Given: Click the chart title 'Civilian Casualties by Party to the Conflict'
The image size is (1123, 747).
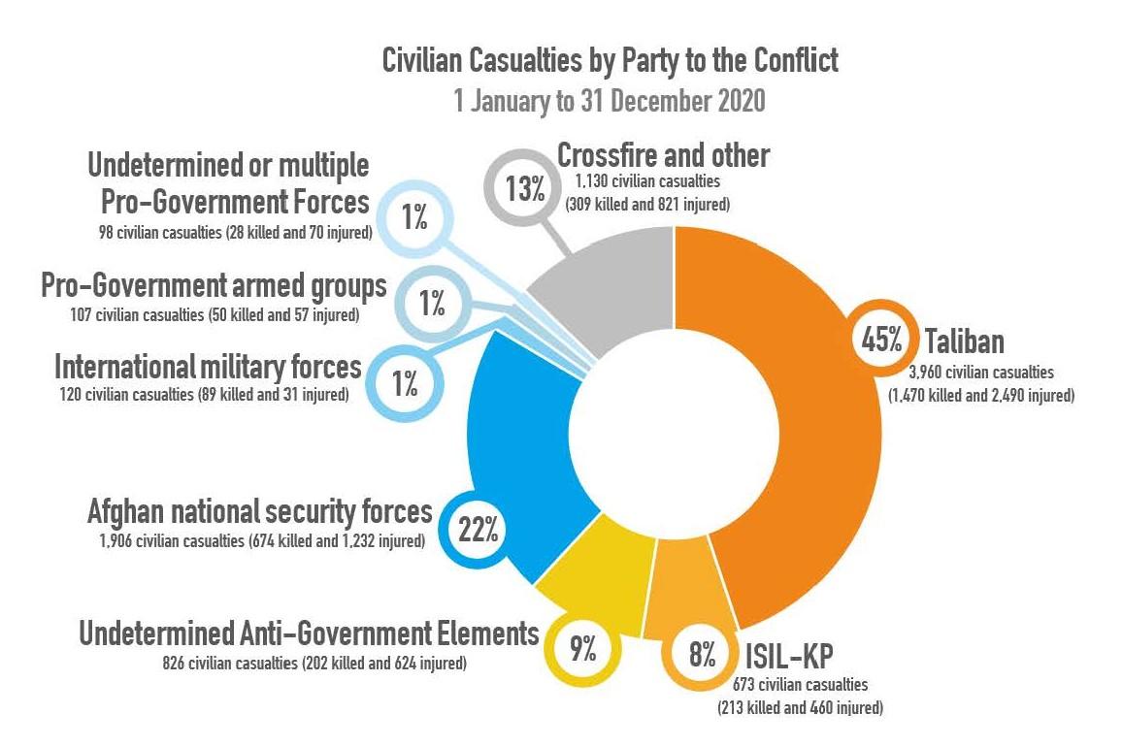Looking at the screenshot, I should point(611,61).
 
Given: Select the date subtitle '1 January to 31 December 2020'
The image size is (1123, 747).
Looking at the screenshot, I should point(611,101).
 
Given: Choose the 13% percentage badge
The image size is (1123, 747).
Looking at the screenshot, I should point(525,186).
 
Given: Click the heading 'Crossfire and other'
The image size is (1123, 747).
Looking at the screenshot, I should point(664,155).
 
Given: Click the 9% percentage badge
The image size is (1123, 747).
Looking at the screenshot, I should point(582,649).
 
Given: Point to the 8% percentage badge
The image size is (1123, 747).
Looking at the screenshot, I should point(701,656).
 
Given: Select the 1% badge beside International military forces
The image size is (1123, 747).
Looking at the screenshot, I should point(405,384).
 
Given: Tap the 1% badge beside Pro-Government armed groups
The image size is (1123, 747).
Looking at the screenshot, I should point(432,305).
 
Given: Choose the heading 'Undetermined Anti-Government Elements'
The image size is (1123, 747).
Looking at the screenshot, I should point(309,634).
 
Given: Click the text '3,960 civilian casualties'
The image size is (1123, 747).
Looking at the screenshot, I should point(980,371).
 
